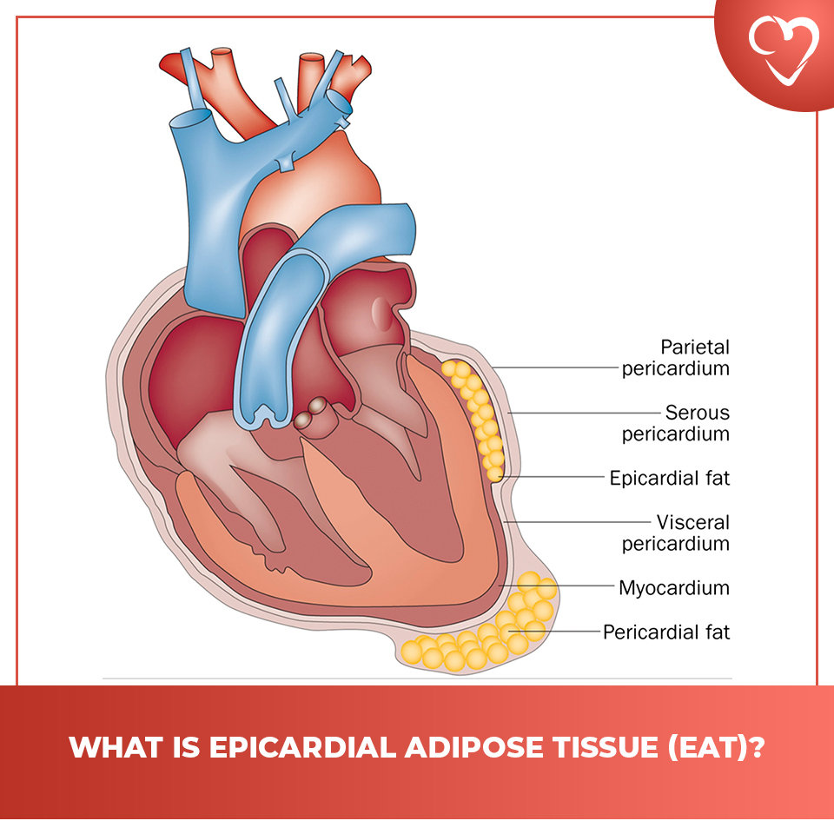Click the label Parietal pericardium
675,358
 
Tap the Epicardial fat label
669,478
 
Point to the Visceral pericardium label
675,533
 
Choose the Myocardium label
673,588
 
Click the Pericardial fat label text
666,632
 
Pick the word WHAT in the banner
109,747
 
